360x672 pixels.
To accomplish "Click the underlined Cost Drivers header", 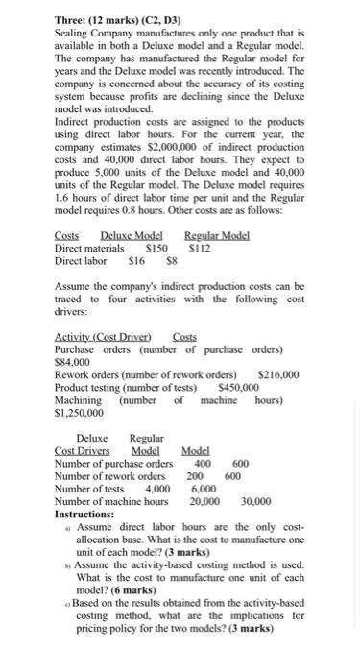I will pos(82,451).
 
